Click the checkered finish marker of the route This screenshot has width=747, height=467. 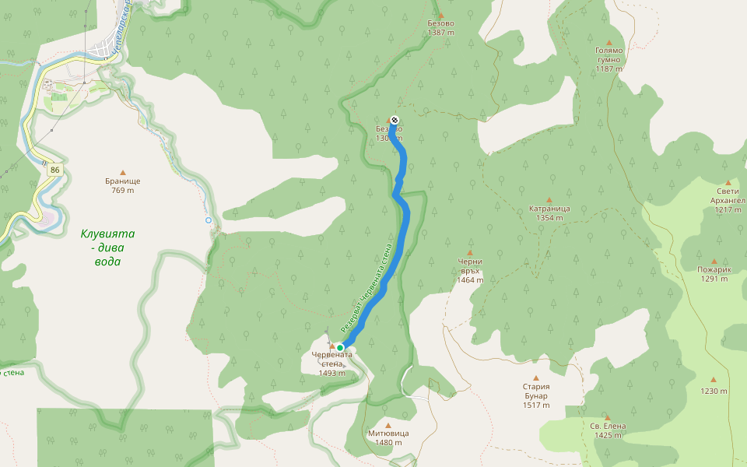pos(395,120)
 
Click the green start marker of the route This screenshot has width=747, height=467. pos(340,348)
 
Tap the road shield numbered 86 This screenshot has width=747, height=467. pos(54,169)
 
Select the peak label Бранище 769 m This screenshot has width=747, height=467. pos(123,185)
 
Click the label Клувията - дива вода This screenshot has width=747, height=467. pos(107,247)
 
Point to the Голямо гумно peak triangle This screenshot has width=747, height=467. pos(608,43)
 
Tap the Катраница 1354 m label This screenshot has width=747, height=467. pos(549,213)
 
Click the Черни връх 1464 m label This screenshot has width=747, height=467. pos(470,270)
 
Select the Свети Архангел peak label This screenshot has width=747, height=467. pos(728,200)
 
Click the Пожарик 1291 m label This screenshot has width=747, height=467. pos(714,274)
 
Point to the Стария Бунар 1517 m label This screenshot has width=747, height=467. pos(537,395)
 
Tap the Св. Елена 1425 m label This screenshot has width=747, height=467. pos(608,430)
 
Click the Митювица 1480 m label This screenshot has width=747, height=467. pos(388,437)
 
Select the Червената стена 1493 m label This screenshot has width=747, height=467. pos(331,363)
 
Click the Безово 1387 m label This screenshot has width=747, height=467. pos(440,28)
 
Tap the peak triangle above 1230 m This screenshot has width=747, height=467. pos(714,379)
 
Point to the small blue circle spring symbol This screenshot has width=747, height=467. pos(209,220)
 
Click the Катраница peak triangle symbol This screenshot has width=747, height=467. pos(549,199)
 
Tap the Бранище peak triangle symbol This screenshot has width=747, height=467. pos(122,172)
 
